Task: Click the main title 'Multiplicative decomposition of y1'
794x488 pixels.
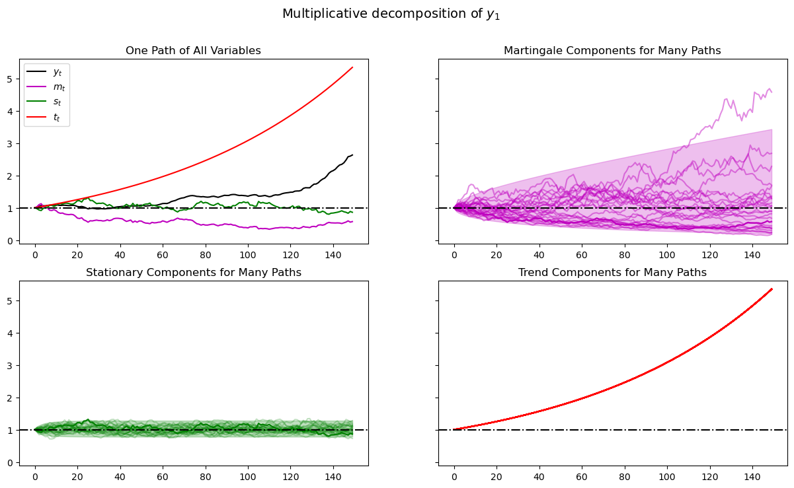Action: [391, 14]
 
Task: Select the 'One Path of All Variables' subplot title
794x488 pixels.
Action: [193, 51]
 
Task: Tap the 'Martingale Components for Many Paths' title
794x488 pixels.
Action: [612, 51]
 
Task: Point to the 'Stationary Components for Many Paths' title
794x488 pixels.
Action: [193, 273]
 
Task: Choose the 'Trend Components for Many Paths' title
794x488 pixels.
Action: [612, 273]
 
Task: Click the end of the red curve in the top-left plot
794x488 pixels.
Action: [352, 67]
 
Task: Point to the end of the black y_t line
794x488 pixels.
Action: [352, 155]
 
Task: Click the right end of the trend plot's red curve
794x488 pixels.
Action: [772, 289]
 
